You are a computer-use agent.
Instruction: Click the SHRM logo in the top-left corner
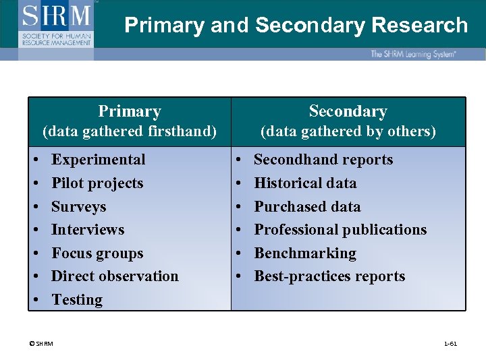point(57,24)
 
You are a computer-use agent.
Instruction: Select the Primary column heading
point(130,111)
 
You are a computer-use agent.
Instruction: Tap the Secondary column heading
point(348,111)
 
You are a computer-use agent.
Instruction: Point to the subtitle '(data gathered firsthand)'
point(130,131)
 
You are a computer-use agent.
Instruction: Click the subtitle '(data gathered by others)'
point(348,131)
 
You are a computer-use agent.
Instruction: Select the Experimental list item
point(99,160)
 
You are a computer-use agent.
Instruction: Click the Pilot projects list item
point(97,183)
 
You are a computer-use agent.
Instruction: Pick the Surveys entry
point(79,207)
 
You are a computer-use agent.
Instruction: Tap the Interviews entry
point(88,230)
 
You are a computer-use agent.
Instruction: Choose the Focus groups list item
point(97,253)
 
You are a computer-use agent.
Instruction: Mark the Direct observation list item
point(115,276)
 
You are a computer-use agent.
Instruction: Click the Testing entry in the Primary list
point(77,300)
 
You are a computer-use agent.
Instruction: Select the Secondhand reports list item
point(323,160)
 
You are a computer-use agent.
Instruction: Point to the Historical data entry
point(305,183)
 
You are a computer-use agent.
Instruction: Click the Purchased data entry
point(307,207)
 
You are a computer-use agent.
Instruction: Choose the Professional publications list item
point(340,230)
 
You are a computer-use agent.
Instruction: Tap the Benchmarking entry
point(305,253)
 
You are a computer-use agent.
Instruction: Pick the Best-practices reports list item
point(329,276)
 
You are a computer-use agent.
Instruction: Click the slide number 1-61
point(450,344)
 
